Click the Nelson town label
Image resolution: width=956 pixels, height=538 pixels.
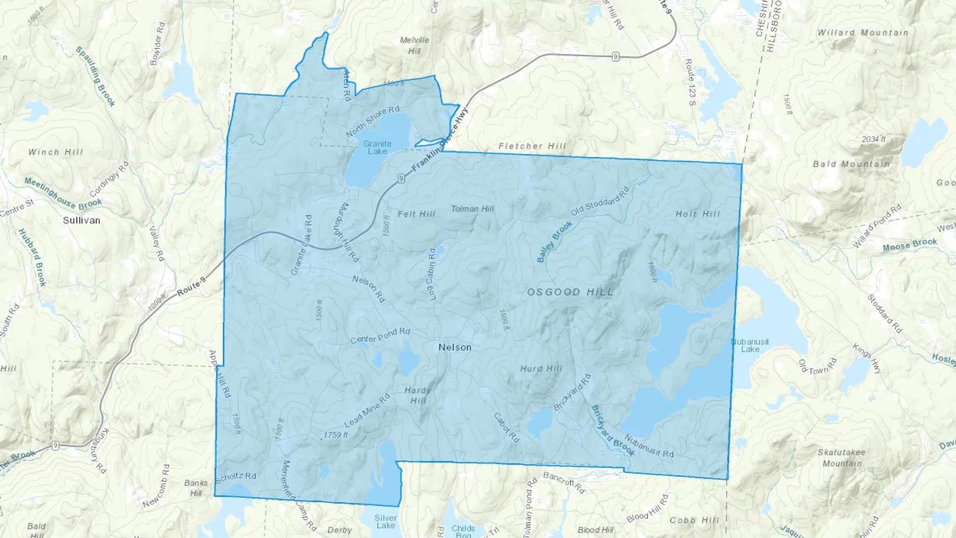pyautogui.click(x=455, y=347)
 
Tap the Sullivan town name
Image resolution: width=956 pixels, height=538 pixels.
pyautogui.click(x=81, y=220)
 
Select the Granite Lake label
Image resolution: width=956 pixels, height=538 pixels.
pyautogui.click(x=377, y=148)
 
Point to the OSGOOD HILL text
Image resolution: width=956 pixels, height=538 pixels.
pyautogui.click(x=570, y=292)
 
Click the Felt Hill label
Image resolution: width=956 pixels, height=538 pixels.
pyautogui.click(x=416, y=214)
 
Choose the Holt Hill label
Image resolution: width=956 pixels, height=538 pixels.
pyautogui.click(x=697, y=214)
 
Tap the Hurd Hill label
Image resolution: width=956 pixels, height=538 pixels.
pyautogui.click(x=541, y=369)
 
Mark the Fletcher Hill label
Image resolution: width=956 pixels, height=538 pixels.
pyautogui.click(x=532, y=146)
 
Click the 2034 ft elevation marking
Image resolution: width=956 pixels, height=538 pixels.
pyautogui.click(x=873, y=139)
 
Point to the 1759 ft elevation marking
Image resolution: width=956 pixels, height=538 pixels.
pyautogui.click(x=336, y=435)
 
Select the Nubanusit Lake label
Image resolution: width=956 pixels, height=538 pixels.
pyautogui.click(x=750, y=345)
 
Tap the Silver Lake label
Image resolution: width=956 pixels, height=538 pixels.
pyautogui.click(x=386, y=522)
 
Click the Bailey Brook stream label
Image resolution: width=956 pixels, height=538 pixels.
pyautogui.click(x=554, y=242)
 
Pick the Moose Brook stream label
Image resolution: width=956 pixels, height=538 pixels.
pyautogui.click(x=909, y=245)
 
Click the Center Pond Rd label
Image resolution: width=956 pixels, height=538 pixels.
pyautogui.click(x=380, y=336)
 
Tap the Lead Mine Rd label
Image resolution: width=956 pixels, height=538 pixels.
pyautogui.click(x=367, y=411)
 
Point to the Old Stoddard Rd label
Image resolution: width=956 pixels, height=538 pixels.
pyautogui.click(x=600, y=201)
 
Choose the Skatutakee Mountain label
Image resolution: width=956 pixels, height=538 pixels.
pyautogui.click(x=841, y=458)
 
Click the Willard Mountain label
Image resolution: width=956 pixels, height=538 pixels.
pyautogui.click(x=863, y=33)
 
